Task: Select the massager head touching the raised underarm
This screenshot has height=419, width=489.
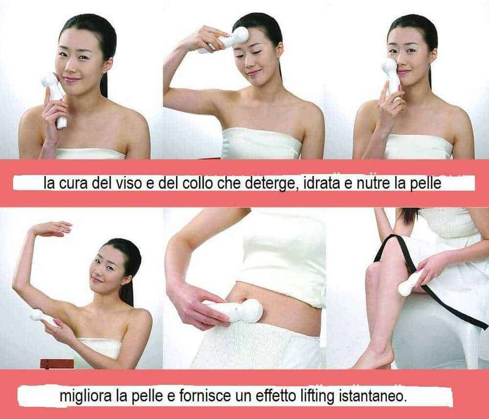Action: pos(36,315)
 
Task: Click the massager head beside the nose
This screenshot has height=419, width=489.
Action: pos(389,67)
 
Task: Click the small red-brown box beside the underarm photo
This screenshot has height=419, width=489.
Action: pos(57,363)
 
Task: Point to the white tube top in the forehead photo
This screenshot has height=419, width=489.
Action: pos(262,145)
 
